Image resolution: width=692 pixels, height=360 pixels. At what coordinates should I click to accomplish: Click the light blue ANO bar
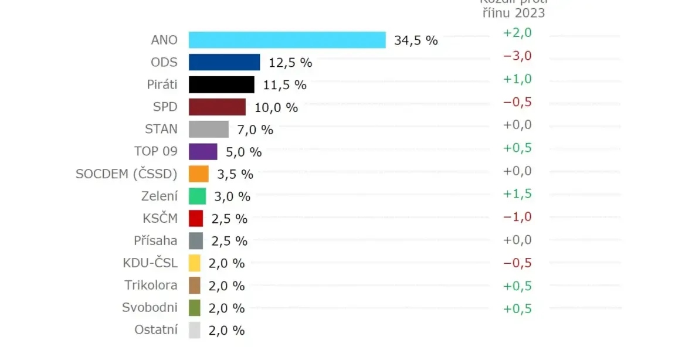point(287,40)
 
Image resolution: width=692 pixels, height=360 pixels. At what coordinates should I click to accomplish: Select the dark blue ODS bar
point(224,62)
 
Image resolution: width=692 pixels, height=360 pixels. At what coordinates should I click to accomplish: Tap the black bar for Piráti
point(221,84)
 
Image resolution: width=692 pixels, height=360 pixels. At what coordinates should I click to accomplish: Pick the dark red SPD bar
point(217,107)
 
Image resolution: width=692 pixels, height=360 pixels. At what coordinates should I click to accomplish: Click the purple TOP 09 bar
point(203,151)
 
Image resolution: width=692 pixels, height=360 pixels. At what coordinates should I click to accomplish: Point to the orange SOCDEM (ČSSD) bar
point(198,174)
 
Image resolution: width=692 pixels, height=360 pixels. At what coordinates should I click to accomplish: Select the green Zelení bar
point(197,196)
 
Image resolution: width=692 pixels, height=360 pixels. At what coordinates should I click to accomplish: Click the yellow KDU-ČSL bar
point(195,263)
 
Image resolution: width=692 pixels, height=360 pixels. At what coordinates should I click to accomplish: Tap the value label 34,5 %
point(416,40)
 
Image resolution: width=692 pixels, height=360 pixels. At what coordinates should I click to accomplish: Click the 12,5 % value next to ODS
point(290,63)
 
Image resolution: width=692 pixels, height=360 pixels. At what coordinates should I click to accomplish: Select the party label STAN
point(161,129)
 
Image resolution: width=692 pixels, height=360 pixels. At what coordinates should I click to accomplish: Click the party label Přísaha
point(155,240)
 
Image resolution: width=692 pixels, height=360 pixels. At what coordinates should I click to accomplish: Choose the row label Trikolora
point(151,285)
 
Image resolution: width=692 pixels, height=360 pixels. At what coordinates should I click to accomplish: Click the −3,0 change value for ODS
point(517,56)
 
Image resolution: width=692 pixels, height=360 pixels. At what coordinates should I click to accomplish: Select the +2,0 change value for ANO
point(517,33)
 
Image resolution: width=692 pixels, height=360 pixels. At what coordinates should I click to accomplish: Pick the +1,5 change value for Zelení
point(517,194)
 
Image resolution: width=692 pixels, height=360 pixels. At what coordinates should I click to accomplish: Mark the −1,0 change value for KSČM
point(517,217)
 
